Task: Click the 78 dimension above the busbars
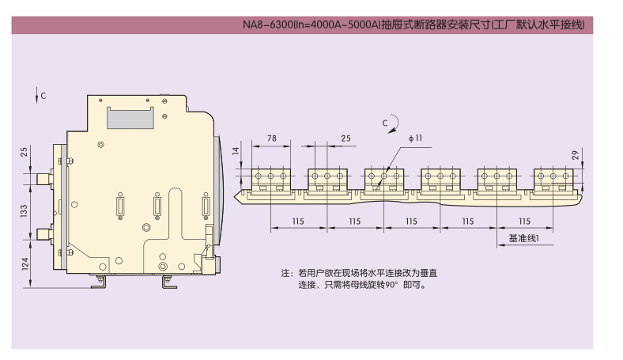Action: (x=272, y=138)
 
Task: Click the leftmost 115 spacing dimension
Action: (x=298, y=222)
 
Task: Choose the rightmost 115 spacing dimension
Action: (x=523, y=222)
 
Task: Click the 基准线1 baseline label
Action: (x=523, y=237)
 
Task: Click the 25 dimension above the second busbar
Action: (x=345, y=138)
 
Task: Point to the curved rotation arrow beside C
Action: (x=395, y=123)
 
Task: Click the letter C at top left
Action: (x=43, y=96)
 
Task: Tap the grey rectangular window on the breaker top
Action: (x=130, y=117)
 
